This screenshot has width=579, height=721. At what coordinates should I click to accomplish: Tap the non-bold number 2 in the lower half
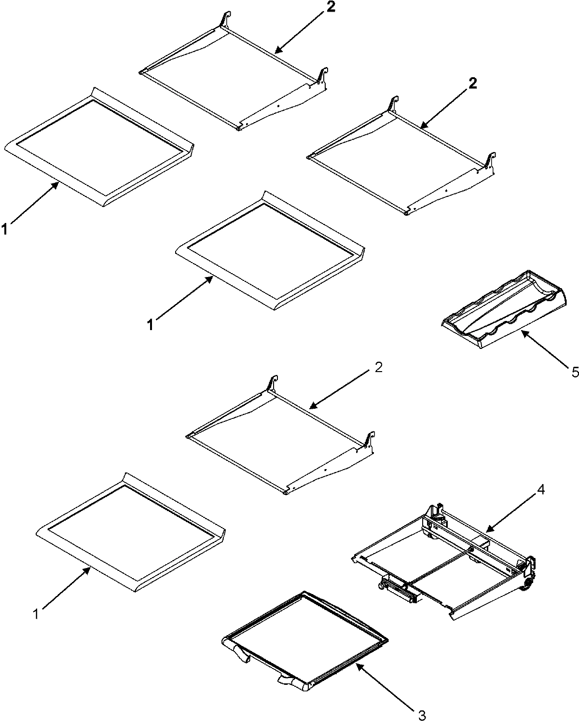tap(378, 367)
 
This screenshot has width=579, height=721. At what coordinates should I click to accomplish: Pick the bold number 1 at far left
tap(4, 231)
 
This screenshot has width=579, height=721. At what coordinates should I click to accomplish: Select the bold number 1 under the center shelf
tap(151, 325)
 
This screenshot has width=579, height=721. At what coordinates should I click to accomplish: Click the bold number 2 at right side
tap(473, 83)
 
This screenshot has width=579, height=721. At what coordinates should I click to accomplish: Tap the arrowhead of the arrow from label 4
tap(486, 530)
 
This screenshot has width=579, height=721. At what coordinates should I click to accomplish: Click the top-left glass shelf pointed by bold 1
tap(99, 145)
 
